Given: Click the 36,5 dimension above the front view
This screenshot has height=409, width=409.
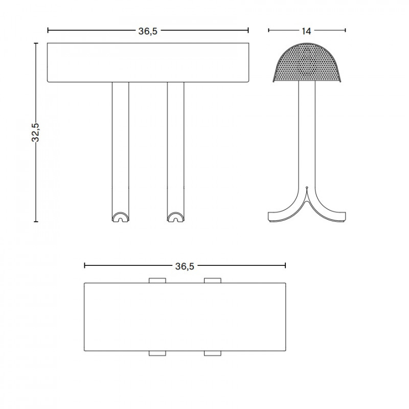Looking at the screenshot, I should point(147,31).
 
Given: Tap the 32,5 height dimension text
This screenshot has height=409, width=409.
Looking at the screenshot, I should point(36,133).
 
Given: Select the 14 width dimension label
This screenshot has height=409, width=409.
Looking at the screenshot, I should point(306,31).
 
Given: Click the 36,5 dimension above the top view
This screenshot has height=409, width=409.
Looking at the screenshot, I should point(184,266).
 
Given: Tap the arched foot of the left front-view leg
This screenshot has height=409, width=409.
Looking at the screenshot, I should point(121,217).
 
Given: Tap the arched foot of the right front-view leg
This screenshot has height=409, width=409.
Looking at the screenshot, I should point(176,217).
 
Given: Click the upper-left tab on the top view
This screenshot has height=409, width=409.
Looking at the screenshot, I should point(157,280).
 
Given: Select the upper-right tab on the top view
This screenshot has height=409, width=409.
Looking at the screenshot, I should point(212,280).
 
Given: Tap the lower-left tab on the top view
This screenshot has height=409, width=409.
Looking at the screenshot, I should point(157,353).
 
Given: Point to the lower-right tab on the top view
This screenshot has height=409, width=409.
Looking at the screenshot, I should point(212,353).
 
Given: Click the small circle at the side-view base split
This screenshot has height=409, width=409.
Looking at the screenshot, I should point(307,187).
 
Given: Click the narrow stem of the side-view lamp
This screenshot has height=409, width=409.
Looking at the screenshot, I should point(307,133).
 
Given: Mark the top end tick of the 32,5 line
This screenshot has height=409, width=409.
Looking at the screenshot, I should point(36,44).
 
